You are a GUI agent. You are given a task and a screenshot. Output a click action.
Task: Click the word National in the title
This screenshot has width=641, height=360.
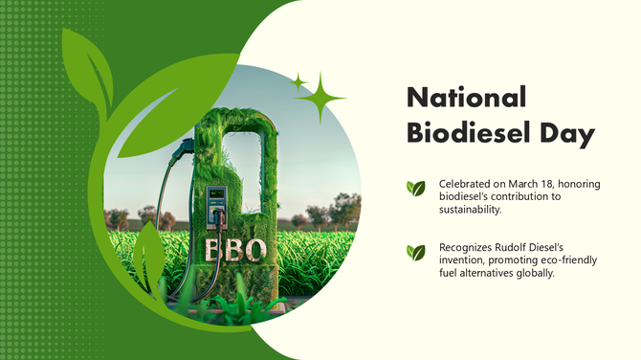467,97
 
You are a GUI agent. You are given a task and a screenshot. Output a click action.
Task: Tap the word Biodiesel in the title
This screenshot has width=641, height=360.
469,133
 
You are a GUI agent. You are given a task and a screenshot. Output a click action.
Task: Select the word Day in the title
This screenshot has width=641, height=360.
564,134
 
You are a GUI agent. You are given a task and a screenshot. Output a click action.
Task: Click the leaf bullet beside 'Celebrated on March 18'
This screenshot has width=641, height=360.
415,189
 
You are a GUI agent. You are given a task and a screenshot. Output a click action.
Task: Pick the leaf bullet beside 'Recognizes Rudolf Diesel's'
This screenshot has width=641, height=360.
415,253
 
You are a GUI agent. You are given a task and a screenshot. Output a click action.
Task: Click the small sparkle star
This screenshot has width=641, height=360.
298,80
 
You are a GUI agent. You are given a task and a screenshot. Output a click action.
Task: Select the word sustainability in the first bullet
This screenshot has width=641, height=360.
471,209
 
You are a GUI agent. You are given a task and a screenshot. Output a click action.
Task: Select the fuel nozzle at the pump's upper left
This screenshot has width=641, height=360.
182,148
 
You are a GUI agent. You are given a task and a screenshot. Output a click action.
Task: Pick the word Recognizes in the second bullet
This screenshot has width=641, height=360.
467,247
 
